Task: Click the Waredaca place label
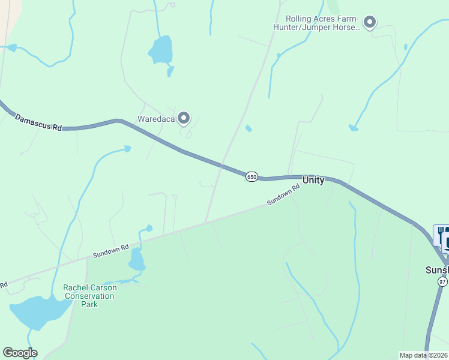(156, 119)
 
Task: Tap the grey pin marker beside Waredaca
(184, 118)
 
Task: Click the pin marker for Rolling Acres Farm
(370, 23)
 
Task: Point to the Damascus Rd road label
(38, 122)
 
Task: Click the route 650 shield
(252, 176)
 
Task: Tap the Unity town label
(313, 180)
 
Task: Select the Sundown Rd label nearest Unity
(283, 196)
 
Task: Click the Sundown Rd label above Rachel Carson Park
(111, 251)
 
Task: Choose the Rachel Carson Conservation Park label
(90, 296)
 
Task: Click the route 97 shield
(442, 282)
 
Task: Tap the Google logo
(20, 353)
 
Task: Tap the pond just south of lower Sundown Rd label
(136, 260)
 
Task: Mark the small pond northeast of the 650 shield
(249, 128)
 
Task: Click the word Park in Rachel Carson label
(90, 304)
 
